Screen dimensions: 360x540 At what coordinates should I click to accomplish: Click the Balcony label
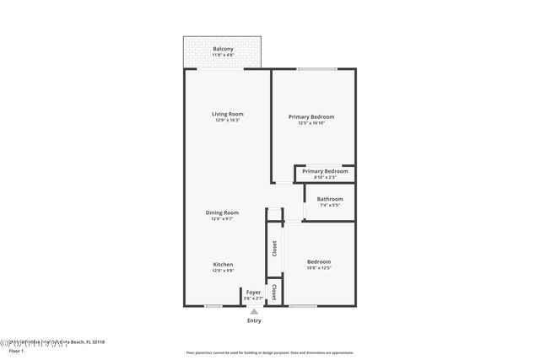223,50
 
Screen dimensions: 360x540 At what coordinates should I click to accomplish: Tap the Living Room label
227,114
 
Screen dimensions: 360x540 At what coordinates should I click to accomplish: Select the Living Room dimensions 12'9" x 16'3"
227,121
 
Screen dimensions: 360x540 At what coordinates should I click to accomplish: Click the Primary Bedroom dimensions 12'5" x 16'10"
311,123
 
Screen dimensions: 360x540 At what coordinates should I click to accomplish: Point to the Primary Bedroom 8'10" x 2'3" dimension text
325,177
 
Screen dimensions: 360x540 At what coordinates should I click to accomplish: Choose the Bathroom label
330,199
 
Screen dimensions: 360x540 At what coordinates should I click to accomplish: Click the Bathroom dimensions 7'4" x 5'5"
330,205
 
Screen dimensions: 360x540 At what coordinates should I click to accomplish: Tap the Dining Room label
223,212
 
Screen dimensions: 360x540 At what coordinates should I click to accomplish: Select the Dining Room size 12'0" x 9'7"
223,219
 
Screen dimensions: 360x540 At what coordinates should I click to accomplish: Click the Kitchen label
223,264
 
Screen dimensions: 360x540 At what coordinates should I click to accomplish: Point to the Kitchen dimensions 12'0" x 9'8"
223,271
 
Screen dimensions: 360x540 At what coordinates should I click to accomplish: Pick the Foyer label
253,292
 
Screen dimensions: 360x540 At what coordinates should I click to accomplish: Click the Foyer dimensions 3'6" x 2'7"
253,298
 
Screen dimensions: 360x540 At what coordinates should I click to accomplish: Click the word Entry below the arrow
254,320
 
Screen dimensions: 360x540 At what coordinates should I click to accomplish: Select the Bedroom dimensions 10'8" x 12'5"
319,268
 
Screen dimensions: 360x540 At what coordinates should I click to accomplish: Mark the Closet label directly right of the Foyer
273,292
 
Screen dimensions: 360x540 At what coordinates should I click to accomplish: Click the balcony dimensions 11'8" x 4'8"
223,56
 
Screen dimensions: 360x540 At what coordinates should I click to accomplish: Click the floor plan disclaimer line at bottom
270,352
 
